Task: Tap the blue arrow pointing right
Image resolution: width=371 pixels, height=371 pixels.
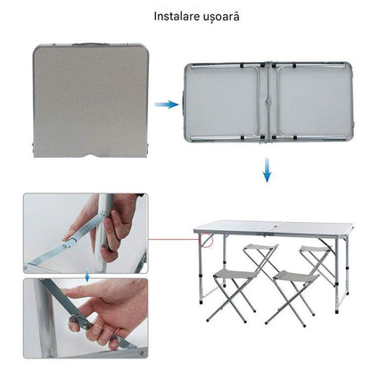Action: (x=167, y=104)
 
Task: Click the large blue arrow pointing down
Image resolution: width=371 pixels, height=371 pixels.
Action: (x=267, y=170)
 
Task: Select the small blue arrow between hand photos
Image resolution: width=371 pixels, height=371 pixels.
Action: (x=87, y=276)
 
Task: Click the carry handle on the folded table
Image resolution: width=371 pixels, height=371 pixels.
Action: (x=89, y=44)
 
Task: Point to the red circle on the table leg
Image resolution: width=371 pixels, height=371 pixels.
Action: (x=206, y=240)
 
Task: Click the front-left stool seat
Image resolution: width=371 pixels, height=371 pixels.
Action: (x=236, y=275)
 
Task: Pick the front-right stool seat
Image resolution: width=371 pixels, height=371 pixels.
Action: (x=296, y=276)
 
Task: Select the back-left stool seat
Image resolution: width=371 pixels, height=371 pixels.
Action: (x=260, y=247)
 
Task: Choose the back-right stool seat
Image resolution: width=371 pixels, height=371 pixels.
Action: (x=315, y=249)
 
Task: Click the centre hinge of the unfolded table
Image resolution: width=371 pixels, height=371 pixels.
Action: (x=268, y=102)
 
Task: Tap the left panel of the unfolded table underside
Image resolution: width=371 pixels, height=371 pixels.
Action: (x=224, y=102)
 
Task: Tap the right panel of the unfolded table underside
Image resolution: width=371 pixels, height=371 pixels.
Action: (x=314, y=102)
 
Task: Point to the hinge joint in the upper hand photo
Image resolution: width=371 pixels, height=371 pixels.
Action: (x=103, y=213)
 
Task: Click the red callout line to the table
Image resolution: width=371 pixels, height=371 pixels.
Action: (x=174, y=239)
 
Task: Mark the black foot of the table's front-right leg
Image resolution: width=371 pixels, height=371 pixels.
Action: (x=336, y=311)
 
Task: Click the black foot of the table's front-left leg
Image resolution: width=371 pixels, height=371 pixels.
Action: (x=202, y=302)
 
